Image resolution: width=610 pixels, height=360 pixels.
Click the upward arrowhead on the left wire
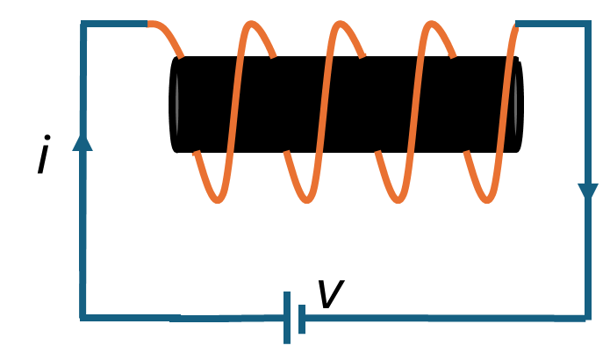pyautogui.click(x=83, y=141)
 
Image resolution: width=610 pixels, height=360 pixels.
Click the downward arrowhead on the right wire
pyautogui.click(x=587, y=192)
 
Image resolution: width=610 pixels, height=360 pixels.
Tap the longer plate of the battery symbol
pyautogui.click(x=287, y=318)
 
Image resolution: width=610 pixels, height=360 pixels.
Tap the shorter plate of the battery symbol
pyautogui.click(x=302, y=319)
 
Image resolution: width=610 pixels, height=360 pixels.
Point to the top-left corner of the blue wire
pyautogui.click(x=83, y=25)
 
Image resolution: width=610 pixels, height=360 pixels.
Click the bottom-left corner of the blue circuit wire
pyautogui.click(x=83, y=317)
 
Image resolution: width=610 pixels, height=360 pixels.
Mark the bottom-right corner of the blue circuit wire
pyautogui.click(x=586, y=317)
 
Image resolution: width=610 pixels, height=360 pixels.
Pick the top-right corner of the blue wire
pyautogui.click(x=586, y=25)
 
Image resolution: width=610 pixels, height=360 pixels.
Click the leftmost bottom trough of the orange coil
pyautogui.click(x=218, y=199)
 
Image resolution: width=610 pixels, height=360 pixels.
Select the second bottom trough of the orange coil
pyautogui.click(x=307, y=199)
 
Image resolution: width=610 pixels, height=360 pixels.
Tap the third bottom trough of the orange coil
pyautogui.click(x=398, y=199)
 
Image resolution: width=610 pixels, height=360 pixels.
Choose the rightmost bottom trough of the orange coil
pyautogui.click(x=487, y=199)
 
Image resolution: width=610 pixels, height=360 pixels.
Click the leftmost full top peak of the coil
pyautogui.click(x=252, y=25)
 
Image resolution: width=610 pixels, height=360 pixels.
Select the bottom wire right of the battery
pyautogui.click(x=439, y=318)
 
